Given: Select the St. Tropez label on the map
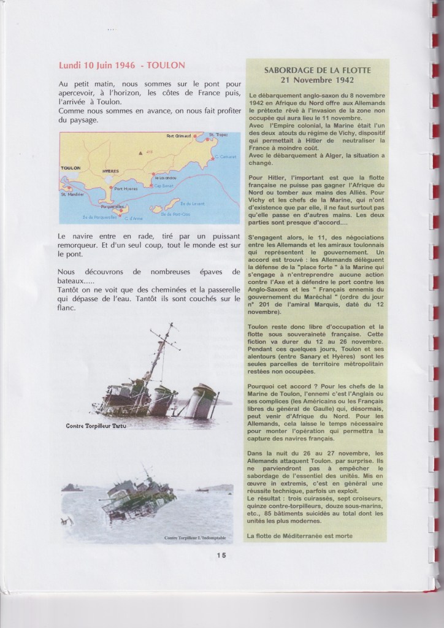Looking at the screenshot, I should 219,134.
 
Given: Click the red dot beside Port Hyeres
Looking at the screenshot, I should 111,188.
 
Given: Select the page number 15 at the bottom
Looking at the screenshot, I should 221,556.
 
